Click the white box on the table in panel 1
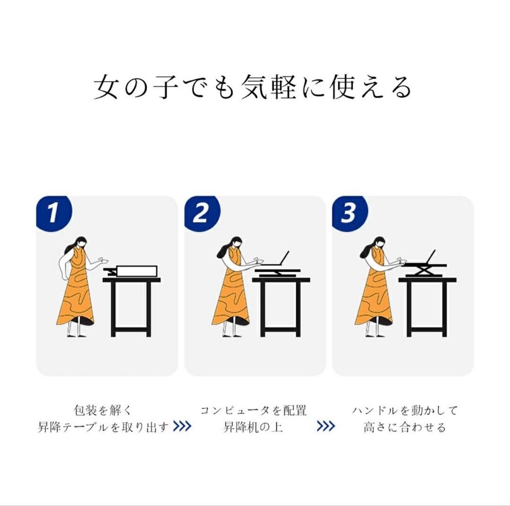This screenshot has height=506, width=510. pos(137,271)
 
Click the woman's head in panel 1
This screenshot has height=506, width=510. pos(80,243)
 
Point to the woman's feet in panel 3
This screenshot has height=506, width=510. pos(374,335)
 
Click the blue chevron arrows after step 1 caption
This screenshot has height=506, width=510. pos(182,426)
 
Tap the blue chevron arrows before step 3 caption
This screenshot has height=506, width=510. pos(325,426)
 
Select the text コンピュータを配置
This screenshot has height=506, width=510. pos(254,410)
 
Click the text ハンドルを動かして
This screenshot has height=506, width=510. pos(405,410)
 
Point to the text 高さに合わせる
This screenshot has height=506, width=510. pos(405,427)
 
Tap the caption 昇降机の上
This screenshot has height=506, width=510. pos(254,427)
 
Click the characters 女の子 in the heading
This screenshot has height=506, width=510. pos(136,86)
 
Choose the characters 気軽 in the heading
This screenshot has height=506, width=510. pos(269,86)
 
